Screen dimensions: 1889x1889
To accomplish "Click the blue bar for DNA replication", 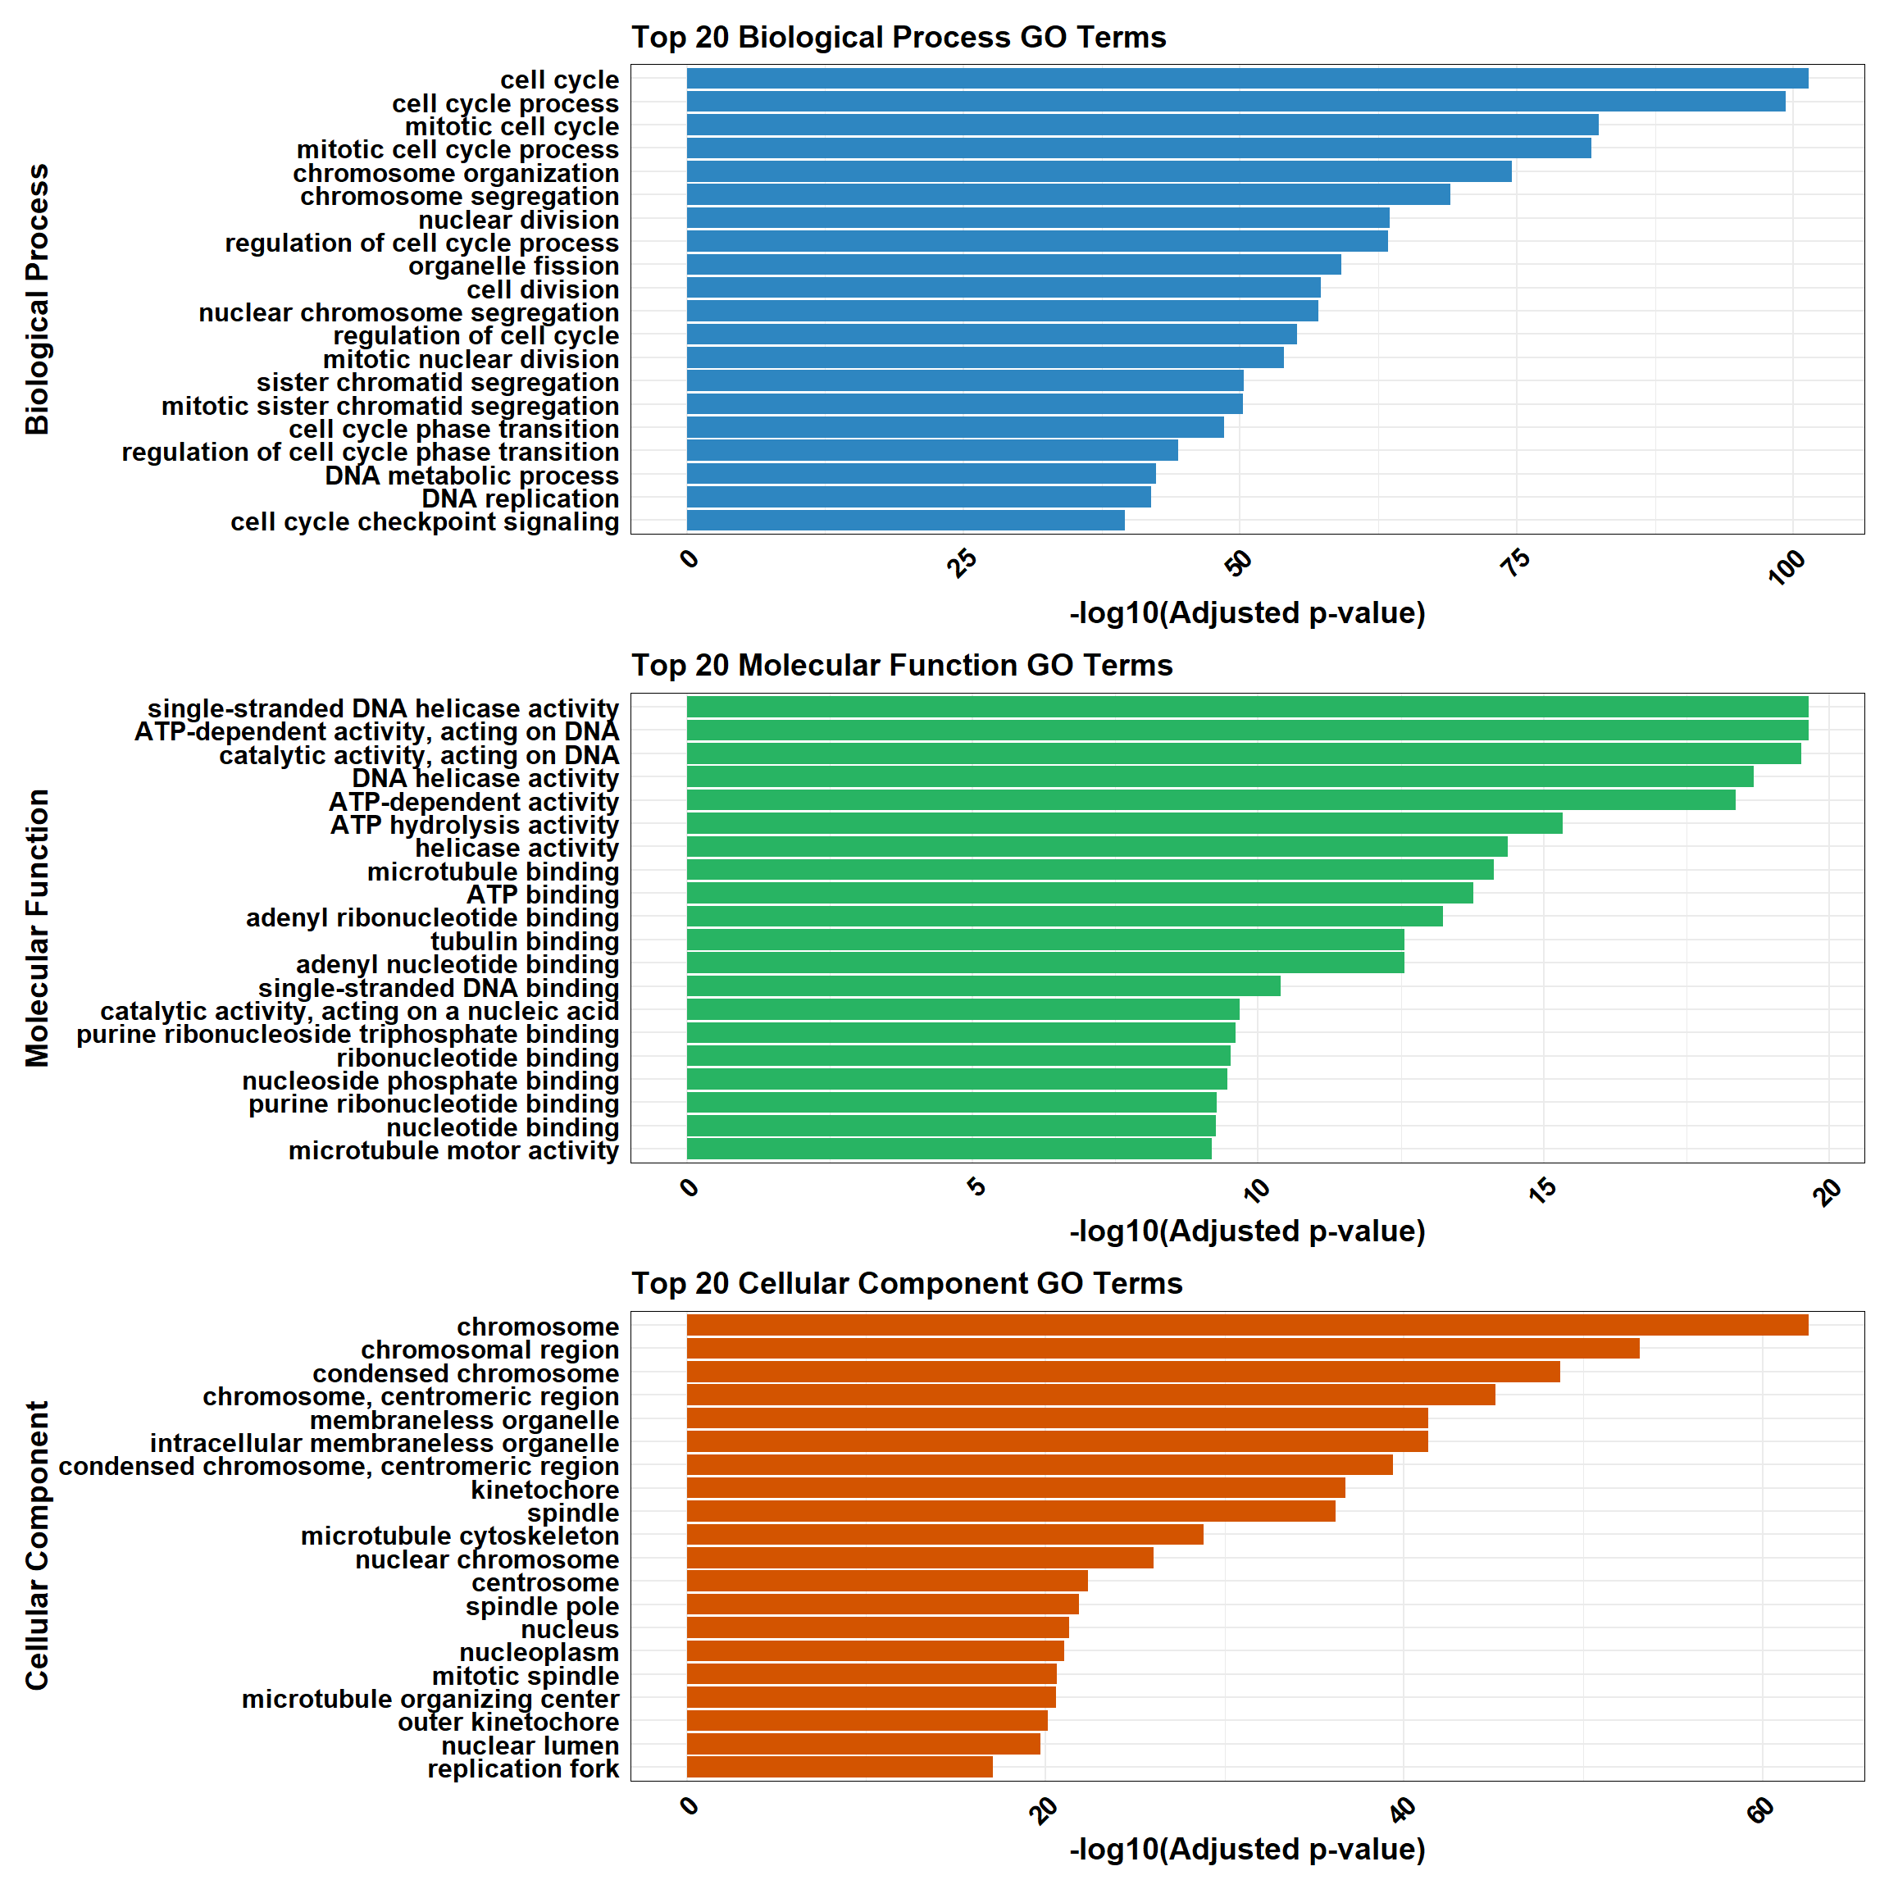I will (918, 498).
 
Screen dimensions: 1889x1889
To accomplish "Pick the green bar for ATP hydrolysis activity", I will (1124, 824).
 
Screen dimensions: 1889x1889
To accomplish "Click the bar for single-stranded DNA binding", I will (984, 986).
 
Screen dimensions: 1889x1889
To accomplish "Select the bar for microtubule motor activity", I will (949, 1149).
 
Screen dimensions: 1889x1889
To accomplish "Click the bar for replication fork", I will (839, 1768).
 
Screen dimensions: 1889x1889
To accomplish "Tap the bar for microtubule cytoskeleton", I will (944, 1535).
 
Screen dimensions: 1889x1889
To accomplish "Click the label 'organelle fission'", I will (513, 266).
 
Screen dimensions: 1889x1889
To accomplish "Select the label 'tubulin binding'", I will (524, 941).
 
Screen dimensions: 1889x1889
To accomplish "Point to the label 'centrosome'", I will (544, 1583).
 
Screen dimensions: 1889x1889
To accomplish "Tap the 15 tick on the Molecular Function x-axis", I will (1543, 1189).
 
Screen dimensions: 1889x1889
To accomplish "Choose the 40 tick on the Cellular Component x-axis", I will (1403, 1809).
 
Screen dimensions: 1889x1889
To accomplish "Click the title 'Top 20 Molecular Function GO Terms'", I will (902, 666).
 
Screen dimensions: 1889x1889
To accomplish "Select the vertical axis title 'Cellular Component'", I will (37, 1545).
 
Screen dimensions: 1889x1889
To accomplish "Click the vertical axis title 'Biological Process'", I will (37, 299).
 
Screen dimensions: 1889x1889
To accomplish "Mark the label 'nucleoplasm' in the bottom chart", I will (539, 1652).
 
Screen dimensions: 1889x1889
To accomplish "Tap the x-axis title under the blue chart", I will (1246, 613).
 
